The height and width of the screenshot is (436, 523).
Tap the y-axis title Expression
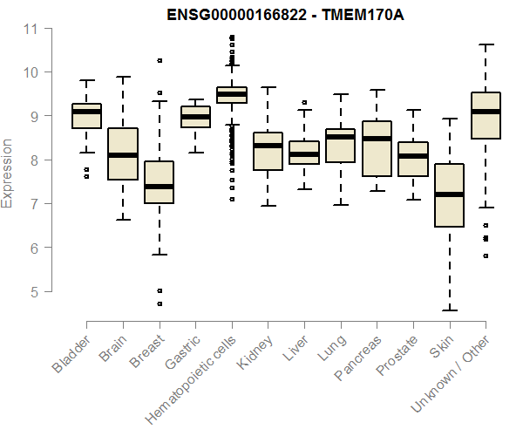pyautogui.click(x=8, y=173)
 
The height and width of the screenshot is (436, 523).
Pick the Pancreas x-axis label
pyautogui.click(x=358, y=358)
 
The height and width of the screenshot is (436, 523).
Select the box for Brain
pyautogui.click(x=123, y=154)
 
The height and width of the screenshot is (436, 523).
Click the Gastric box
pyautogui.click(x=195, y=117)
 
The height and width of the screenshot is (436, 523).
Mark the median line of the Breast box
pyautogui.click(x=159, y=187)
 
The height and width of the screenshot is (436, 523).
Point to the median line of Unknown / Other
pyautogui.click(x=485, y=112)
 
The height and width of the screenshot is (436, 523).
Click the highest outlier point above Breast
pyautogui.click(x=159, y=61)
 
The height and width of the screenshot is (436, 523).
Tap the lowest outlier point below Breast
pyautogui.click(x=159, y=303)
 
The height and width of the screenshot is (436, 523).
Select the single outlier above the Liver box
pyautogui.click(x=304, y=103)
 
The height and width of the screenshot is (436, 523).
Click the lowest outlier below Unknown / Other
pyautogui.click(x=485, y=256)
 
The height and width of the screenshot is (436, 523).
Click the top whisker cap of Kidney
pyautogui.click(x=268, y=87)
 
